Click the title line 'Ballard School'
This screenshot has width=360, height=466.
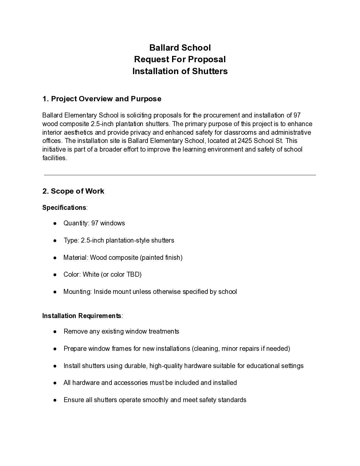coord(180,48)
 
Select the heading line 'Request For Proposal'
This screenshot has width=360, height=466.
coord(180,59)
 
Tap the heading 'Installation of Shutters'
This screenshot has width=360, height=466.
coord(180,71)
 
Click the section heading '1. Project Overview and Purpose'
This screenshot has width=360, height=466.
coord(102,99)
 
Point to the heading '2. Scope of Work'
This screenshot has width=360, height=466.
coord(73,191)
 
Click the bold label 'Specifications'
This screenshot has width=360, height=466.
coord(64,208)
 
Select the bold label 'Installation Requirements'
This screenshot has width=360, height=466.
coord(82,316)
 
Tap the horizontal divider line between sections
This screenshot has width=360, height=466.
coord(180,175)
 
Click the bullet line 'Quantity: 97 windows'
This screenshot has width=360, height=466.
coord(94,223)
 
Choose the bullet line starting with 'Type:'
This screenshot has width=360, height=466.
coord(118,240)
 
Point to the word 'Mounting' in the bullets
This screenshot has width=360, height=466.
coord(77,292)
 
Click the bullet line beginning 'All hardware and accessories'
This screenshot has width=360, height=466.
coord(150,383)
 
